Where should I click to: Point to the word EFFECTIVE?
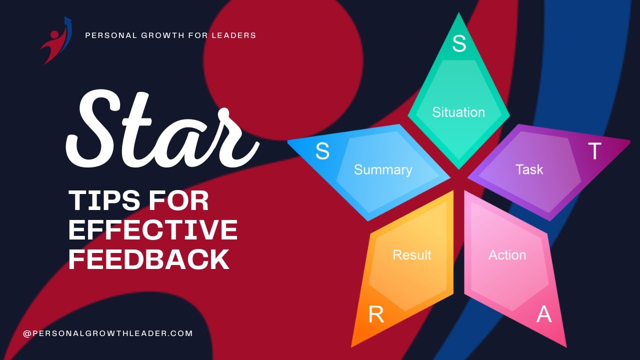pyautogui.click(x=153, y=230)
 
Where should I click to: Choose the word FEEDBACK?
pyautogui.click(x=148, y=259)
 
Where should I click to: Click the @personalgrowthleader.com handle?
pyautogui.click(x=108, y=333)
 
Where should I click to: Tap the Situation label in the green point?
pyautogui.click(x=458, y=112)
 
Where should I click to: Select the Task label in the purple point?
pyautogui.click(x=529, y=169)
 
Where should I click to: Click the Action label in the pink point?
pyautogui.click(x=507, y=255)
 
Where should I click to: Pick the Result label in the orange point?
pyautogui.click(x=412, y=255)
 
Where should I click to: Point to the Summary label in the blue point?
pyautogui.click(x=383, y=169)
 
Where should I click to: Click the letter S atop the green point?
pyautogui.click(x=459, y=43)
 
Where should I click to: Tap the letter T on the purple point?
pyautogui.click(x=594, y=151)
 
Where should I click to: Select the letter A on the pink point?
pyautogui.click(x=544, y=314)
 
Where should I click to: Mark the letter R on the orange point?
pyautogui.click(x=376, y=314)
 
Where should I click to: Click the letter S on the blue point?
pyautogui.click(x=322, y=151)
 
